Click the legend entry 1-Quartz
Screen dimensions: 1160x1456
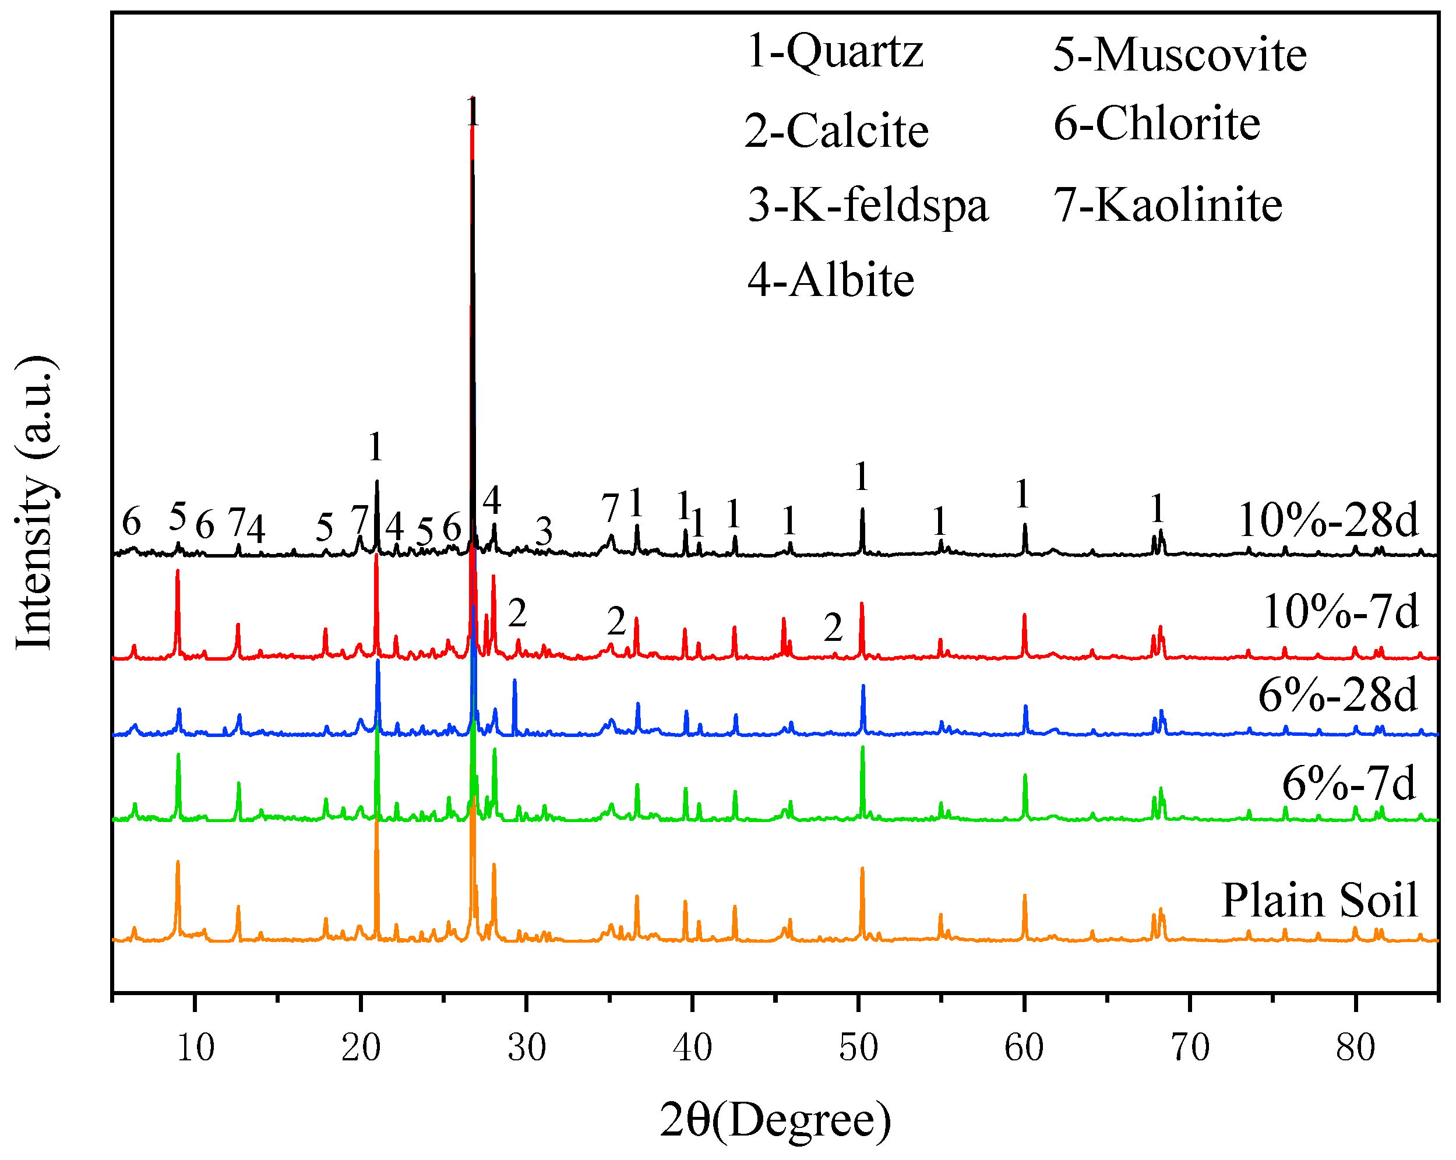pyautogui.click(x=835, y=51)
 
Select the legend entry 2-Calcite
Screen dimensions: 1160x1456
pyautogui.click(x=837, y=131)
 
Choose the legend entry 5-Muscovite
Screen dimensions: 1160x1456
pyautogui.click(x=1180, y=55)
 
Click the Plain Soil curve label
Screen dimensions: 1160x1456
pyautogui.click(x=1320, y=901)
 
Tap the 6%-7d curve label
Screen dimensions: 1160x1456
pyautogui.click(x=1349, y=784)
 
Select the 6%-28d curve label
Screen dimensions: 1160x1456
pyautogui.click(x=1337, y=696)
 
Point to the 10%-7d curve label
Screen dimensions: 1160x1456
pyautogui.click(x=1340, y=612)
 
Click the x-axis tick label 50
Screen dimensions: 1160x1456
pyautogui.click(x=858, y=1048)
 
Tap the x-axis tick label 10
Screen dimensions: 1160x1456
pyautogui.click(x=195, y=1048)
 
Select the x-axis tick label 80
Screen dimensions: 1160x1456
pyautogui.click(x=1355, y=1048)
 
